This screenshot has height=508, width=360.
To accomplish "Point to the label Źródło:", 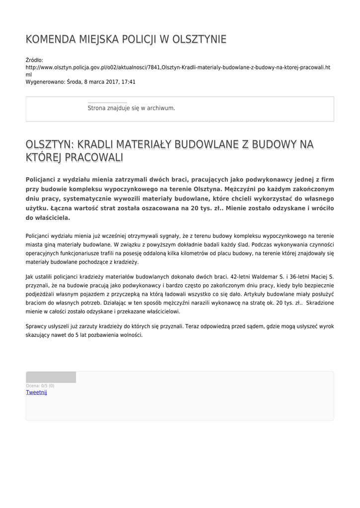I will click(x=34, y=60).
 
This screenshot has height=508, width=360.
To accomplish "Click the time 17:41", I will click(x=129, y=82).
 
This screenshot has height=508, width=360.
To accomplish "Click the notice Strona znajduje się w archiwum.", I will click(x=131, y=108).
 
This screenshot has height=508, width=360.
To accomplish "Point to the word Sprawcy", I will click(x=36, y=326).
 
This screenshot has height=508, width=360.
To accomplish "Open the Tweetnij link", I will click(x=36, y=392).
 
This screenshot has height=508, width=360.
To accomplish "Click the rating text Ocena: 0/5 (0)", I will click(x=40, y=385).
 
